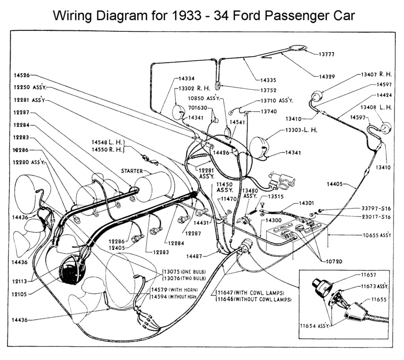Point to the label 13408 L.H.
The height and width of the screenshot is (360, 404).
376,108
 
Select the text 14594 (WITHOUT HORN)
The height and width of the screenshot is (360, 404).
173,296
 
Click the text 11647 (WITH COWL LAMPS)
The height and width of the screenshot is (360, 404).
250,293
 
